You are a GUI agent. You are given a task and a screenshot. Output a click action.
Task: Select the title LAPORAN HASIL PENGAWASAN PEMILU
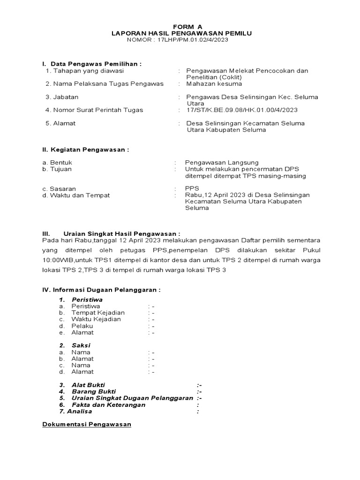point(181,33)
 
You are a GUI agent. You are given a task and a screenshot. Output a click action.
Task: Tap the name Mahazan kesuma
point(214,84)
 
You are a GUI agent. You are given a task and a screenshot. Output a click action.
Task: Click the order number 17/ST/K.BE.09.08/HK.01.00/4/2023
point(241,110)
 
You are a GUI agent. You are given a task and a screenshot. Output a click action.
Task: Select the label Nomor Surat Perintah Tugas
point(94,110)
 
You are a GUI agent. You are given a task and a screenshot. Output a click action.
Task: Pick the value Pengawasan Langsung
point(221,163)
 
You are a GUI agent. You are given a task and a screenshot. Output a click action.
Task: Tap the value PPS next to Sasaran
point(192,189)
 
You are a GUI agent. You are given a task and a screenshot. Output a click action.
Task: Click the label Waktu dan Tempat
point(76,195)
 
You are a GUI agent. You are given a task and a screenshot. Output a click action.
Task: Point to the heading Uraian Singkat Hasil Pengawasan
point(121,233)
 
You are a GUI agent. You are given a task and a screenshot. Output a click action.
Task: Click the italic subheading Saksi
point(81,345)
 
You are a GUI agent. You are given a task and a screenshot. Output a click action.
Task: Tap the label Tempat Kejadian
point(98,313)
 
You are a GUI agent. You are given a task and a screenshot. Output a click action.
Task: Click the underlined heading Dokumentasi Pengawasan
point(87,425)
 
